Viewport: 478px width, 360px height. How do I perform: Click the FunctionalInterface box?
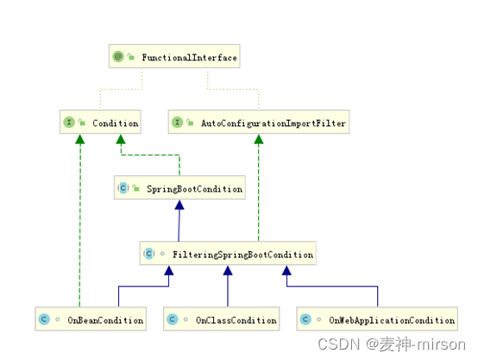click(174, 56)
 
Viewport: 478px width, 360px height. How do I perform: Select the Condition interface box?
click(100, 122)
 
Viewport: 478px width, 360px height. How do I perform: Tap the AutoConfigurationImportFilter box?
click(259, 122)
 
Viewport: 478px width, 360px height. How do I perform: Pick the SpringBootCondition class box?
click(179, 187)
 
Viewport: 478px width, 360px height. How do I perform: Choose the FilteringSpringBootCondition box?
click(228, 253)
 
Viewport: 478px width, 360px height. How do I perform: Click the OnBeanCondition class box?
click(91, 319)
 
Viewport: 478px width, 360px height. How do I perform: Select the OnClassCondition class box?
click(222, 319)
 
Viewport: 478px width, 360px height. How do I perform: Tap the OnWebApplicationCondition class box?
click(377, 319)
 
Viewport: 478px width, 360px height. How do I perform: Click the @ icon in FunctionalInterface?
click(118, 56)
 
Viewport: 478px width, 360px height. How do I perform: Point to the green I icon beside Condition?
click(69, 123)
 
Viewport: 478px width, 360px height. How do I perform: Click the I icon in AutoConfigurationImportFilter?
click(177, 123)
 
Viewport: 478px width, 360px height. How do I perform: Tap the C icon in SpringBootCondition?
click(123, 188)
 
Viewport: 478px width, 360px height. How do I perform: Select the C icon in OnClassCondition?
click(173, 319)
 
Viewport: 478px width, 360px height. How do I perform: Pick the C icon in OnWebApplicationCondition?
click(305, 319)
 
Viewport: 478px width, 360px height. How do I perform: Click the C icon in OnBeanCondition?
click(44, 319)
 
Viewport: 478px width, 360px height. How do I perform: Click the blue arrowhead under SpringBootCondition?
click(179, 205)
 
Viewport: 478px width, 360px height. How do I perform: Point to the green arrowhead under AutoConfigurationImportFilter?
click(259, 139)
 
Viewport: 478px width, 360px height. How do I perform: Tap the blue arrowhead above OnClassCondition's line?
click(228, 270)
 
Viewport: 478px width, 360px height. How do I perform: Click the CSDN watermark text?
click(392, 344)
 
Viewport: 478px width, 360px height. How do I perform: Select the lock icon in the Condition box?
click(82, 123)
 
